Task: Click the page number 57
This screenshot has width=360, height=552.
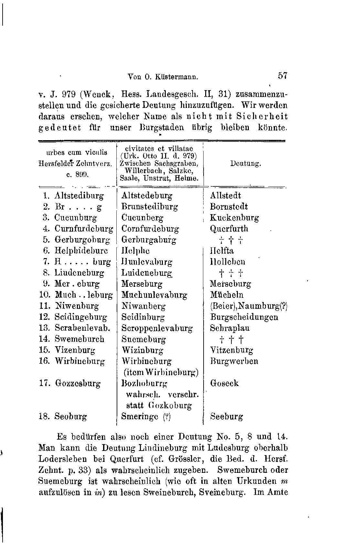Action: click(282, 76)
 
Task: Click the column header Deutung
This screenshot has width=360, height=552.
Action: click(246, 164)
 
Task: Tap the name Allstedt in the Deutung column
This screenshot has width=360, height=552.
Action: click(226, 196)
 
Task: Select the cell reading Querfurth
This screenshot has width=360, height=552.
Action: click(229, 229)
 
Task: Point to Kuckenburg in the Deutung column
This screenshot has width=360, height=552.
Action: click(234, 218)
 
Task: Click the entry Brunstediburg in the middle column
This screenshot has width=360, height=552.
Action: click(150, 207)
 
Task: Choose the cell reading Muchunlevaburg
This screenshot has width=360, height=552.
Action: click(154, 295)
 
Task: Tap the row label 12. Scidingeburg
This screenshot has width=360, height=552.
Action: click(73, 317)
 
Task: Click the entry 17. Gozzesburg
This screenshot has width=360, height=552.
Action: click(70, 383)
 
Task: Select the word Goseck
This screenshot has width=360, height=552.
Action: click(225, 383)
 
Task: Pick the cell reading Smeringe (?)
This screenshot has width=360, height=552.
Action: click(146, 417)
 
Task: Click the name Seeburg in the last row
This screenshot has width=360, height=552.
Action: click(227, 417)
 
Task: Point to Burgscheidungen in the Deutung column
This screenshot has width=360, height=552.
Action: click(244, 317)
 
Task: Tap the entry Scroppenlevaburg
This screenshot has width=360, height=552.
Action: click(157, 328)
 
